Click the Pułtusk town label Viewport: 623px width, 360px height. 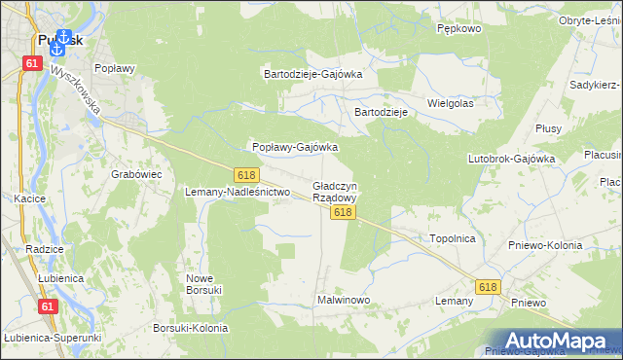60,44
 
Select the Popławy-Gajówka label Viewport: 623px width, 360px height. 295,147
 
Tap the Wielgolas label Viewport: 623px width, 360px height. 450,102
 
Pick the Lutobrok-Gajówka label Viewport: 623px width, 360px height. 511,158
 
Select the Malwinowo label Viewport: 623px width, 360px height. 344,300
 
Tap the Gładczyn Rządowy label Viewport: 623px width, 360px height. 335,191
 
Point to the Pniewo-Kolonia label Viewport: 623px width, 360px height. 545,245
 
